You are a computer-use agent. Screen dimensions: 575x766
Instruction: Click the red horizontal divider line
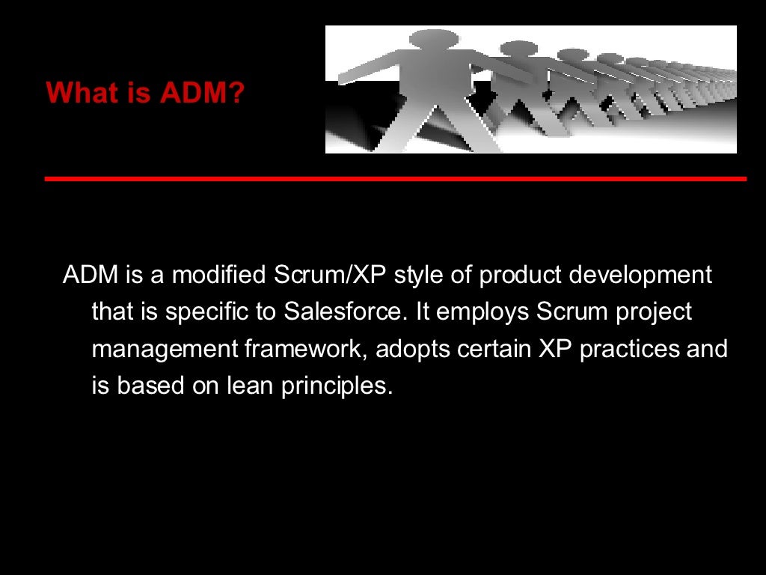[395, 179]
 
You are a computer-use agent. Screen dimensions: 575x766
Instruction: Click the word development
[640, 275]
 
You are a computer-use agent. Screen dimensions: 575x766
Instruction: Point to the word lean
[251, 386]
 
